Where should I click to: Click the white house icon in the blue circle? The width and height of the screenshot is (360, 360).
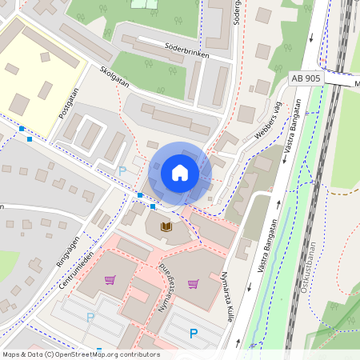point(180,173)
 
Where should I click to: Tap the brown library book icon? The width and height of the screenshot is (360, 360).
point(166,227)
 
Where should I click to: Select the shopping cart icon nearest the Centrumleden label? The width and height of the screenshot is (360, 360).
point(110,279)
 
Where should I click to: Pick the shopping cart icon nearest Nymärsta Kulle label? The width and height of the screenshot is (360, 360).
point(193,283)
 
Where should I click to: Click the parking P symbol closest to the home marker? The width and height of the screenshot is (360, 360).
point(122,170)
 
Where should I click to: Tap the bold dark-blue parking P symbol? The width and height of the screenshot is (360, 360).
point(193,334)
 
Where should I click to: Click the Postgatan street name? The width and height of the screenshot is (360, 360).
point(70,104)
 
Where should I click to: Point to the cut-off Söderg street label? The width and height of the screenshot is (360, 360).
point(236,11)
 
